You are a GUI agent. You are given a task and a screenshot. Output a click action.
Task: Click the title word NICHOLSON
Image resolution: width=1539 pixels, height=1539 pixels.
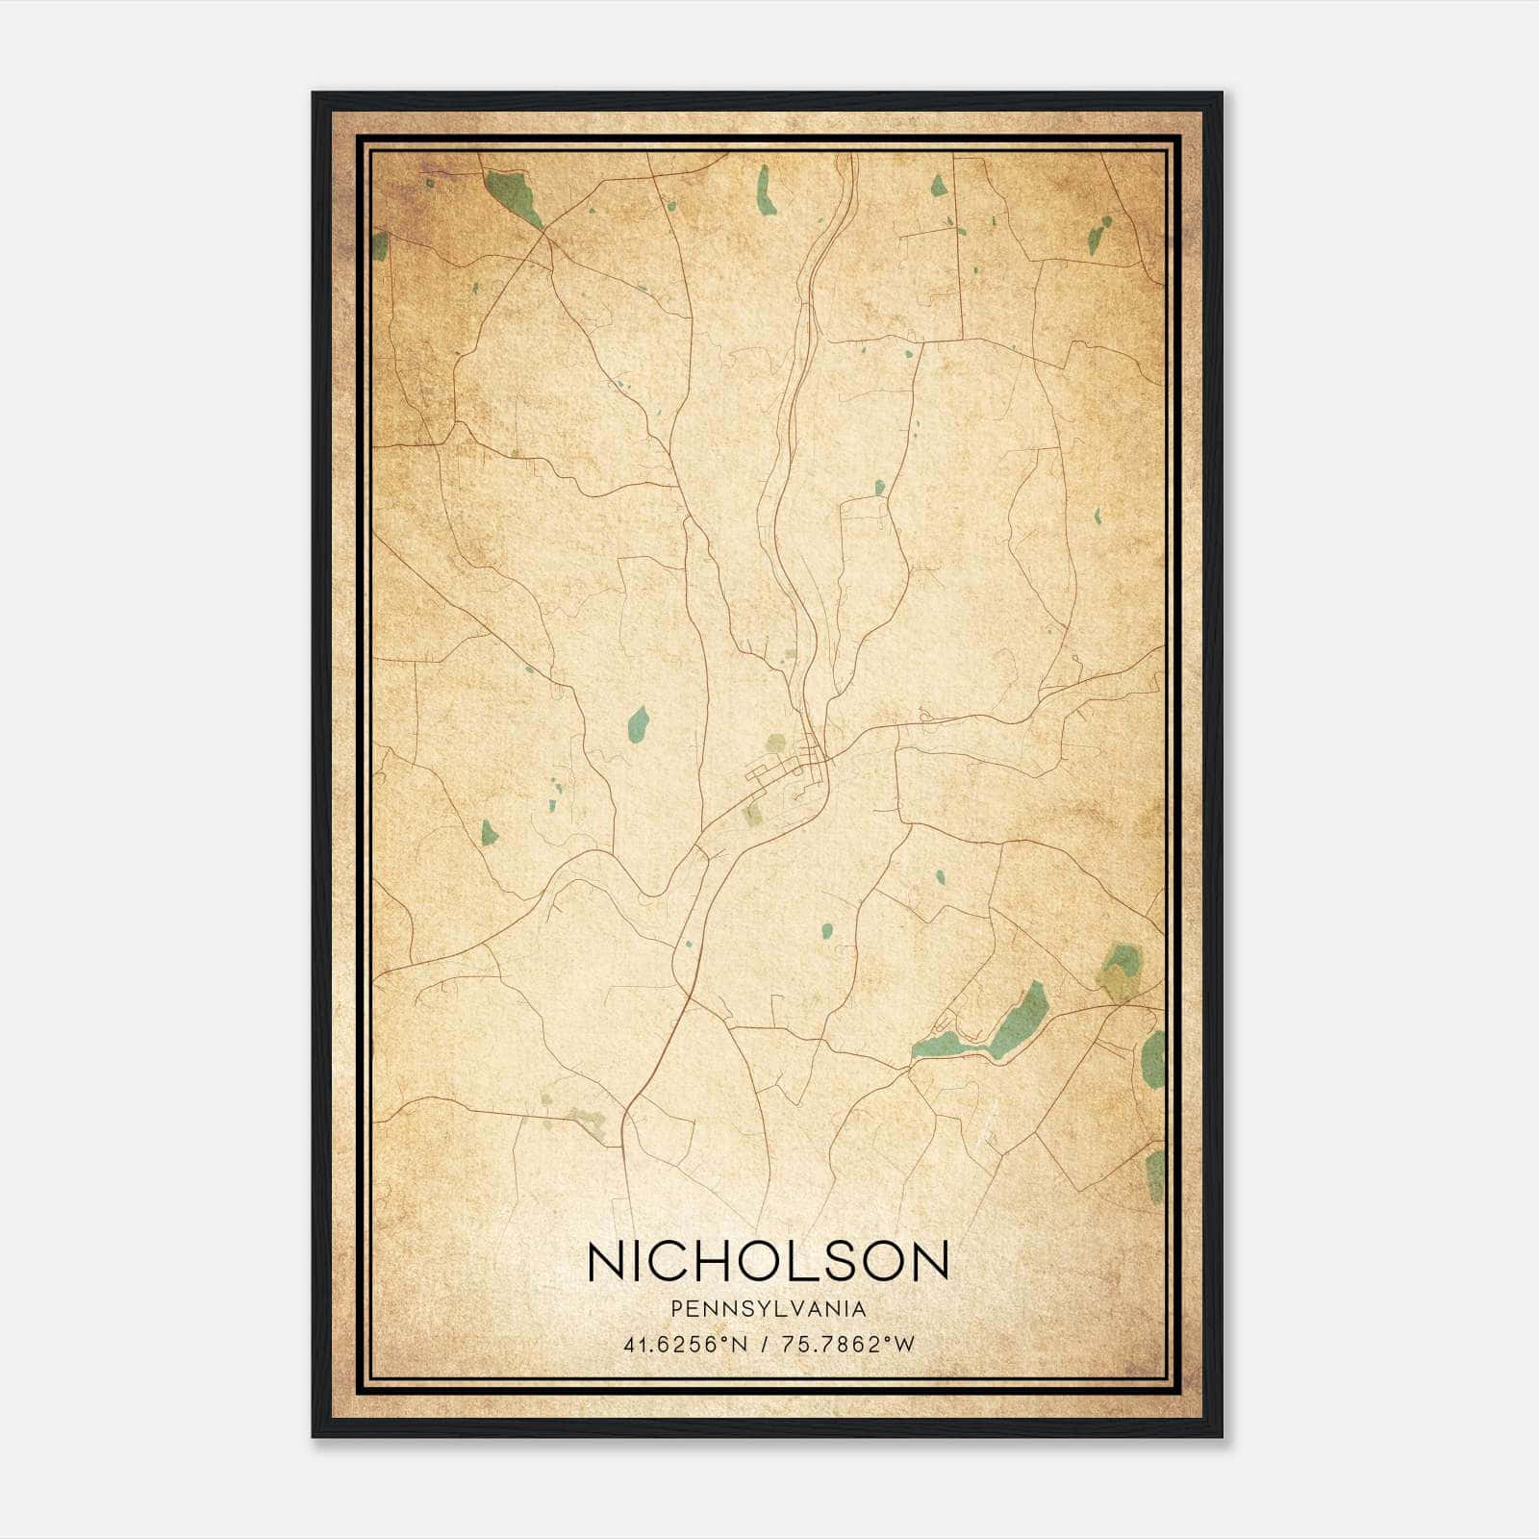768,1261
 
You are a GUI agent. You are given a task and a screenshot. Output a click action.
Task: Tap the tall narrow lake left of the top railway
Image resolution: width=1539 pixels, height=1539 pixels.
767,190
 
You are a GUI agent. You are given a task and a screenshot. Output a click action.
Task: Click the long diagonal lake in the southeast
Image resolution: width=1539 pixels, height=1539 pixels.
1018,1020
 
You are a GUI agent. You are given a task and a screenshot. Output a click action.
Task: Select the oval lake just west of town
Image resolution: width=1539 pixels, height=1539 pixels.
637,723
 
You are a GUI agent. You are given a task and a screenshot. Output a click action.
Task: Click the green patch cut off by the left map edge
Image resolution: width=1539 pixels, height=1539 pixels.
380,245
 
